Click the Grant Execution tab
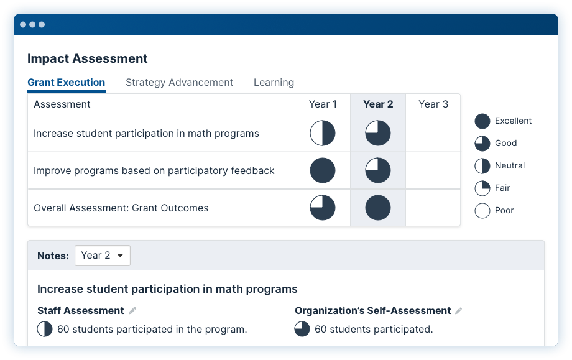pos(67,83)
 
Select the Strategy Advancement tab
pos(179,83)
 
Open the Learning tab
pos(274,83)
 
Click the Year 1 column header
pos(323,104)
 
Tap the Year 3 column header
pos(433,104)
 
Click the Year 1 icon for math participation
pos(323,133)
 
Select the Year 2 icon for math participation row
pos(378,133)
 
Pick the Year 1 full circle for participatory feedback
pos(323,170)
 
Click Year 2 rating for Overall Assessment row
pos(378,208)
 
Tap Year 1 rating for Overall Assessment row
pos(323,208)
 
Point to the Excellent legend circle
pos(482,121)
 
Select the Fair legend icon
pos(482,188)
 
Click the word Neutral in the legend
pos(510,165)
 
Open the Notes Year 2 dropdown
pos(103,256)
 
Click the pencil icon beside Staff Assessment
pos(132,310)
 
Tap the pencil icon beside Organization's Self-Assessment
pos(459,310)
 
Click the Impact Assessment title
pos(88,58)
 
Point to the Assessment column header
pos(62,104)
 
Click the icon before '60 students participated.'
pos(302,329)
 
